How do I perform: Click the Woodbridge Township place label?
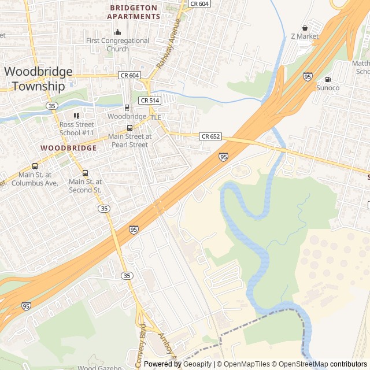click(39, 79)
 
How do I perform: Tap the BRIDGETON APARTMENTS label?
click(134, 12)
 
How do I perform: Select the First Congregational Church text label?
click(117, 45)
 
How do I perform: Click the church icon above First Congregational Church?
click(117, 32)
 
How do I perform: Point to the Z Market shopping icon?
click(305, 28)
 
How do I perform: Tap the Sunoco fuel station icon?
click(328, 79)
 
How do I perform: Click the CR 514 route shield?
click(149, 101)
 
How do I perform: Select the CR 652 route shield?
click(210, 136)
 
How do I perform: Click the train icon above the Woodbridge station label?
click(127, 108)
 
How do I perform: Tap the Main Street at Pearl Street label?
click(128, 140)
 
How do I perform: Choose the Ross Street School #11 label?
click(76, 128)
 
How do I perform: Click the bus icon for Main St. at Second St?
click(86, 173)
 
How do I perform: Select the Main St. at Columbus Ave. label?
click(38, 179)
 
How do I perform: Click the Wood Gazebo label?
click(99, 367)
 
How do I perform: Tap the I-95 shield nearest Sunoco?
click(308, 76)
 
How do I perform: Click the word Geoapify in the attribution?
click(198, 364)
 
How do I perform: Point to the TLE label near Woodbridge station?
click(156, 117)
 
